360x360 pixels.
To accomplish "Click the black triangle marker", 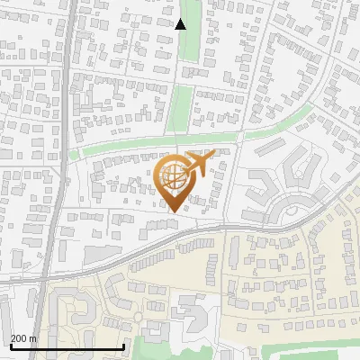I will point(181,24).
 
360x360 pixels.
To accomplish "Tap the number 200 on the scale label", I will point(20,338).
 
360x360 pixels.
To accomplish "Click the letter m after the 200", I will point(33,338).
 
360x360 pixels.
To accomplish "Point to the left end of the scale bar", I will point(10,346).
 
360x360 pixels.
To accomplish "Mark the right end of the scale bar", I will point(123,346).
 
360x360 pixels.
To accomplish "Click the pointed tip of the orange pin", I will point(174,211).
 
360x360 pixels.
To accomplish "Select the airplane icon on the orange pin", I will point(200,163).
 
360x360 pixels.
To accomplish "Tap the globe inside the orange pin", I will point(173,175).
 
